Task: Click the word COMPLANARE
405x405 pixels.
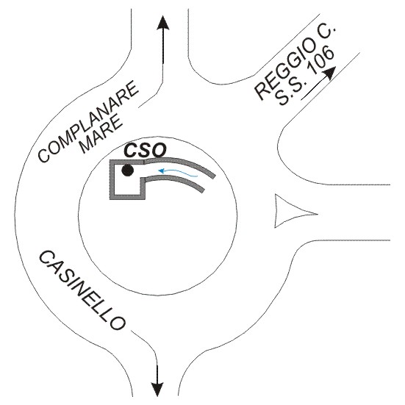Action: pyautogui.click(x=87, y=122)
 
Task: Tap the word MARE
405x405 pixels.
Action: pyautogui.click(x=101, y=135)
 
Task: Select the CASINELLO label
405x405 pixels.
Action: pyautogui.click(x=82, y=290)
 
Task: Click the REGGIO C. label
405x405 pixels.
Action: pyautogui.click(x=295, y=62)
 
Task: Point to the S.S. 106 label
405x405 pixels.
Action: pyautogui.click(x=305, y=76)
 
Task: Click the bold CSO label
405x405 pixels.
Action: pyautogui.click(x=145, y=151)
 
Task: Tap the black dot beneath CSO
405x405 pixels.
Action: pyautogui.click(x=128, y=171)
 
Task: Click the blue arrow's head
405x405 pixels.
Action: pyautogui.click(x=162, y=171)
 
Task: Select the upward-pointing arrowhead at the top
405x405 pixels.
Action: pyautogui.click(x=163, y=24)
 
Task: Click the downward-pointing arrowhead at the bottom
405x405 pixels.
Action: pyautogui.click(x=157, y=389)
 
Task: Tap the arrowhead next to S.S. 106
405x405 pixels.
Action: pyautogui.click(x=330, y=73)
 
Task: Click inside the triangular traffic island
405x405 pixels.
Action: pyautogui.click(x=289, y=211)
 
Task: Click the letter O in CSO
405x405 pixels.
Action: pyautogui.click(x=159, y=151)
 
